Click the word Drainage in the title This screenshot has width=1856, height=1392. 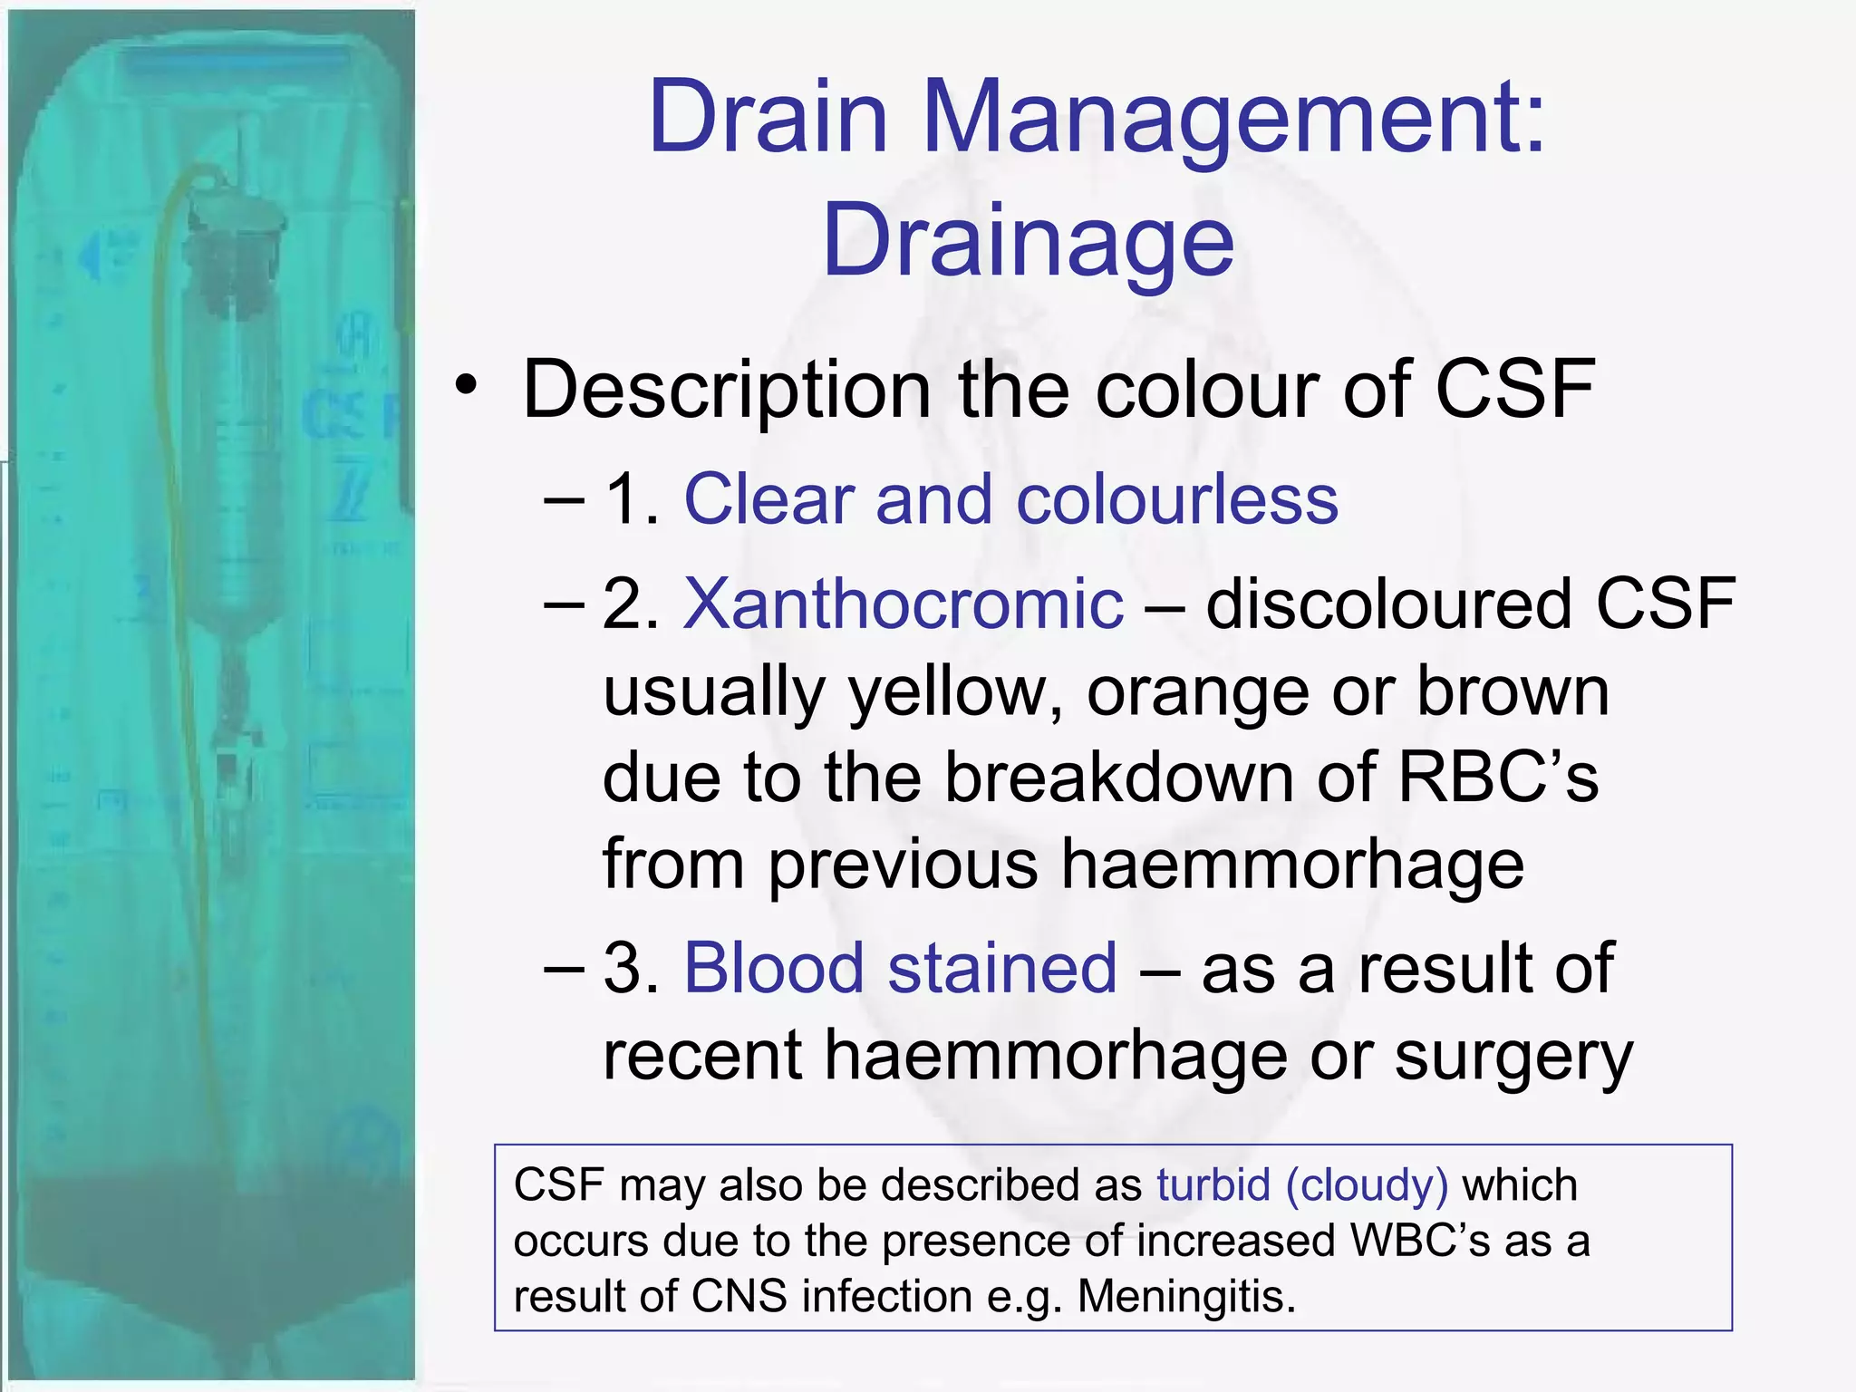1028,241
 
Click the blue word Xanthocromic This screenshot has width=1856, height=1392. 903,604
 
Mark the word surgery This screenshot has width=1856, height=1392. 1513,1057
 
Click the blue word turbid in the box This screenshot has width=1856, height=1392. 1213,1185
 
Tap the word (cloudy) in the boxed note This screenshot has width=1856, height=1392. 1367,1185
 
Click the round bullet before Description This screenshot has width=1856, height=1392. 466,387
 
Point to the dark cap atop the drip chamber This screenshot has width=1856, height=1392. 234,217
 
